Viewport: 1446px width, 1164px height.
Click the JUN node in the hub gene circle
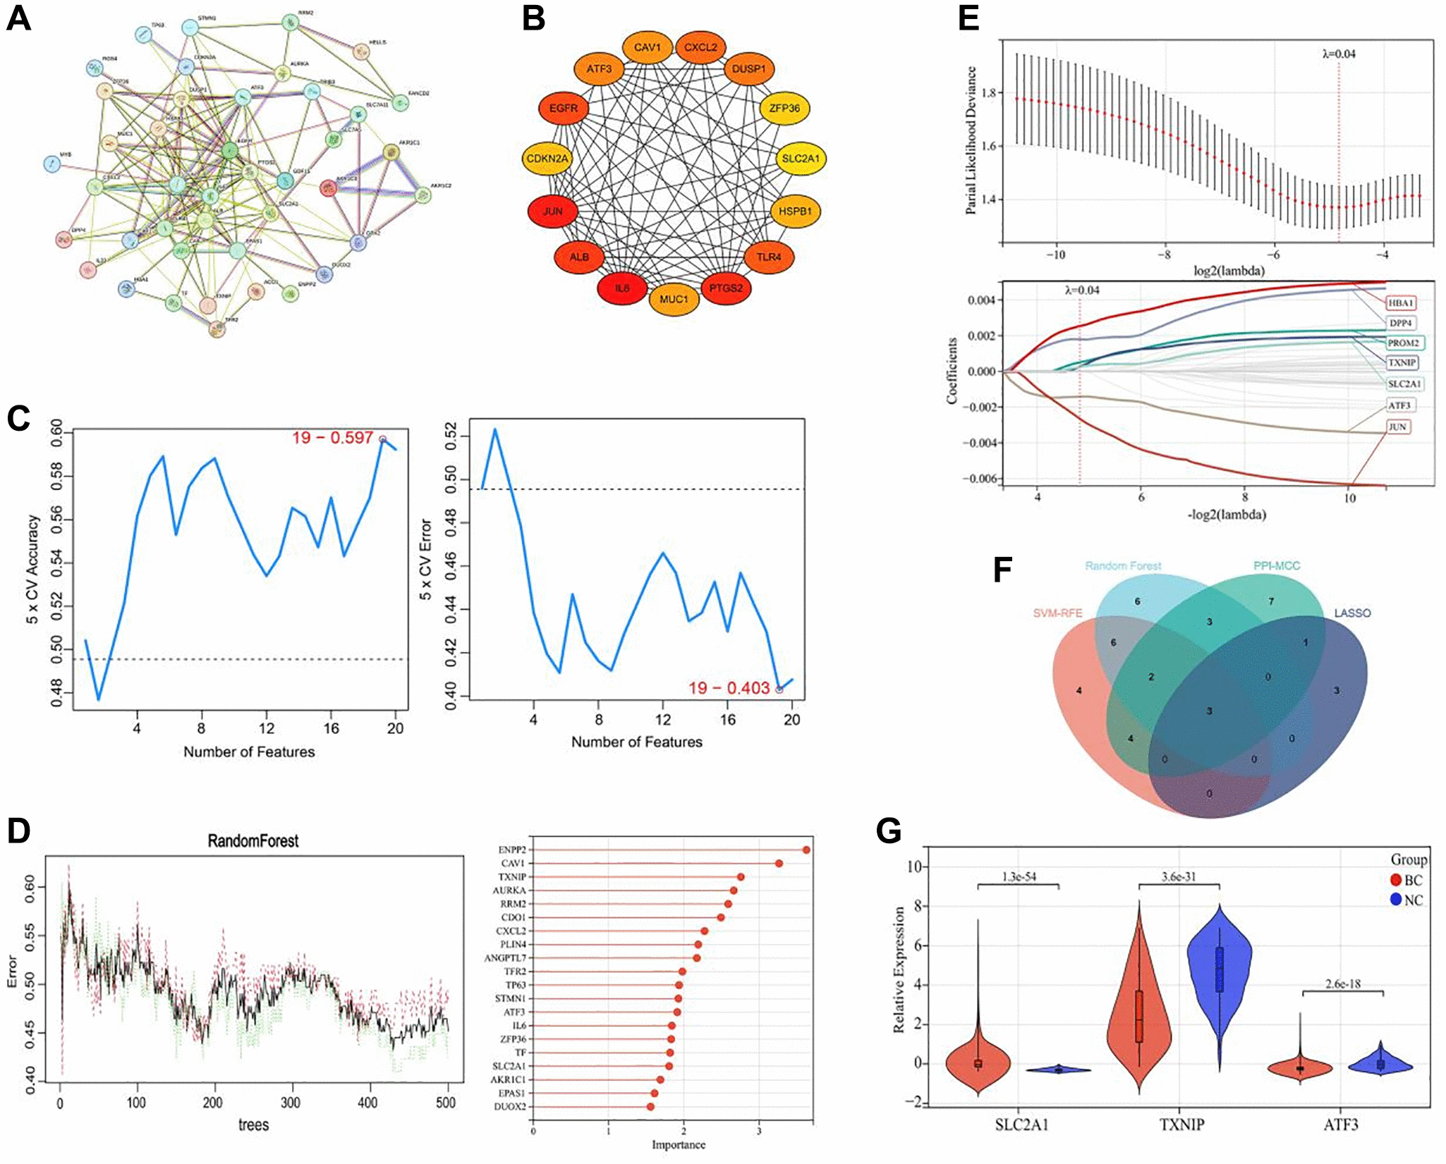552,212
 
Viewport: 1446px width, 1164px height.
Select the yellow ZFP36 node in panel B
784,109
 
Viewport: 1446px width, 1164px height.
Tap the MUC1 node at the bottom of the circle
674,300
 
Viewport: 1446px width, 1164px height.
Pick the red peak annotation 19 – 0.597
332,438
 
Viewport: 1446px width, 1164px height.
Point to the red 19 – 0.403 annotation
729,688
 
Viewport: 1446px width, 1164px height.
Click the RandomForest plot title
253,841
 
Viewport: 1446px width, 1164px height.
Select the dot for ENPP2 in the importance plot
806,850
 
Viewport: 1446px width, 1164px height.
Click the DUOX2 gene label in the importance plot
510,1107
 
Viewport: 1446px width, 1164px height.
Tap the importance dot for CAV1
779,864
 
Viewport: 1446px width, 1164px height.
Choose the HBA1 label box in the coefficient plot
1401,303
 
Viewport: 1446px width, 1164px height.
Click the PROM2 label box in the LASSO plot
1403,343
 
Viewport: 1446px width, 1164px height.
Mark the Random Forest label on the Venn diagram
1122,566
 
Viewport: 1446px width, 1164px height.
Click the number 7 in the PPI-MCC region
1271,601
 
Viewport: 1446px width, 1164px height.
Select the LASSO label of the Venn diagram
1352,613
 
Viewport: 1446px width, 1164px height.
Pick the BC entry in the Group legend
1406,880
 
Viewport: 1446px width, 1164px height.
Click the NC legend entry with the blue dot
1406,900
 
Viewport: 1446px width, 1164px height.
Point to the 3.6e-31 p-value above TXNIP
1179,877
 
